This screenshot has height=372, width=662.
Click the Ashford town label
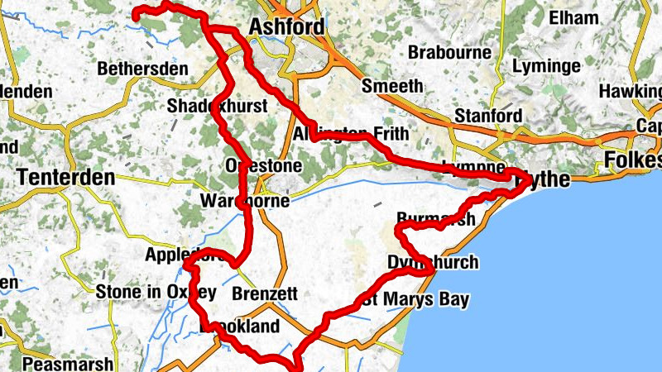[x=286, y=26]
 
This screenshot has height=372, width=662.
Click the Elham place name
[x=578, y=17]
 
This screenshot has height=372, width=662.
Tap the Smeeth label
[x=392, y=86]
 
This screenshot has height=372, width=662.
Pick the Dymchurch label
[x=433, y=263]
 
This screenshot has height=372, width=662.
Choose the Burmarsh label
[x=436, y=219]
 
